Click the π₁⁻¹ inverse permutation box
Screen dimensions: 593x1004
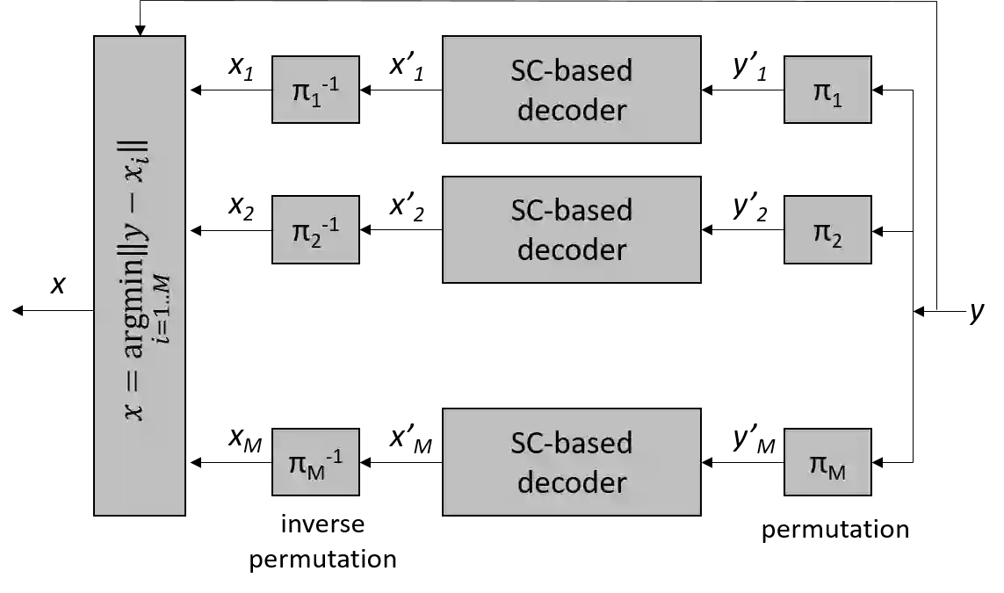click(314, 90)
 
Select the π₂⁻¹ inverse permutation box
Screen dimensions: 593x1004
click(314, 229)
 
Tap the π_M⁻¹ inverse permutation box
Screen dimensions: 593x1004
click(314, 462)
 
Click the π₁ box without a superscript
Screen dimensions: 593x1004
click(827, 90)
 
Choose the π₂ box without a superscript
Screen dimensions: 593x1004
click(827, 229)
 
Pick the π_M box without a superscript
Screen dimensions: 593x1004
click(827, 463)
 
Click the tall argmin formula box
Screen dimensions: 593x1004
click(140, 275)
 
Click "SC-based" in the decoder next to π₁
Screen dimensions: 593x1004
click(572, 70)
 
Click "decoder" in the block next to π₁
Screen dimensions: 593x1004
click(572, 110)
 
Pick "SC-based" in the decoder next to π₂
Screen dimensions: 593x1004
click(572, 210)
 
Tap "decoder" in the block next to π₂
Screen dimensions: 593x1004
click(572, 249)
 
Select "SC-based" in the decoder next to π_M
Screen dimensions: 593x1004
click(572, 442)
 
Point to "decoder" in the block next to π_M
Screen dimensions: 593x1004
click(572, 482)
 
